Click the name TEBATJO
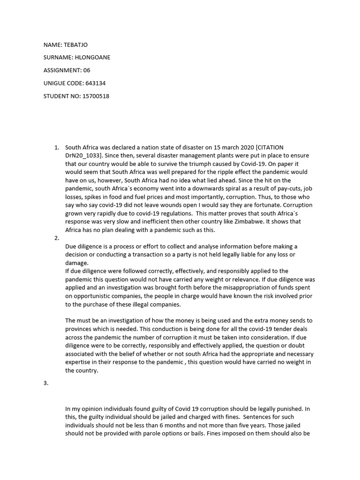point(75,45)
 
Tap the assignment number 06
point(86,70)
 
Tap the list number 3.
point(45,383)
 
